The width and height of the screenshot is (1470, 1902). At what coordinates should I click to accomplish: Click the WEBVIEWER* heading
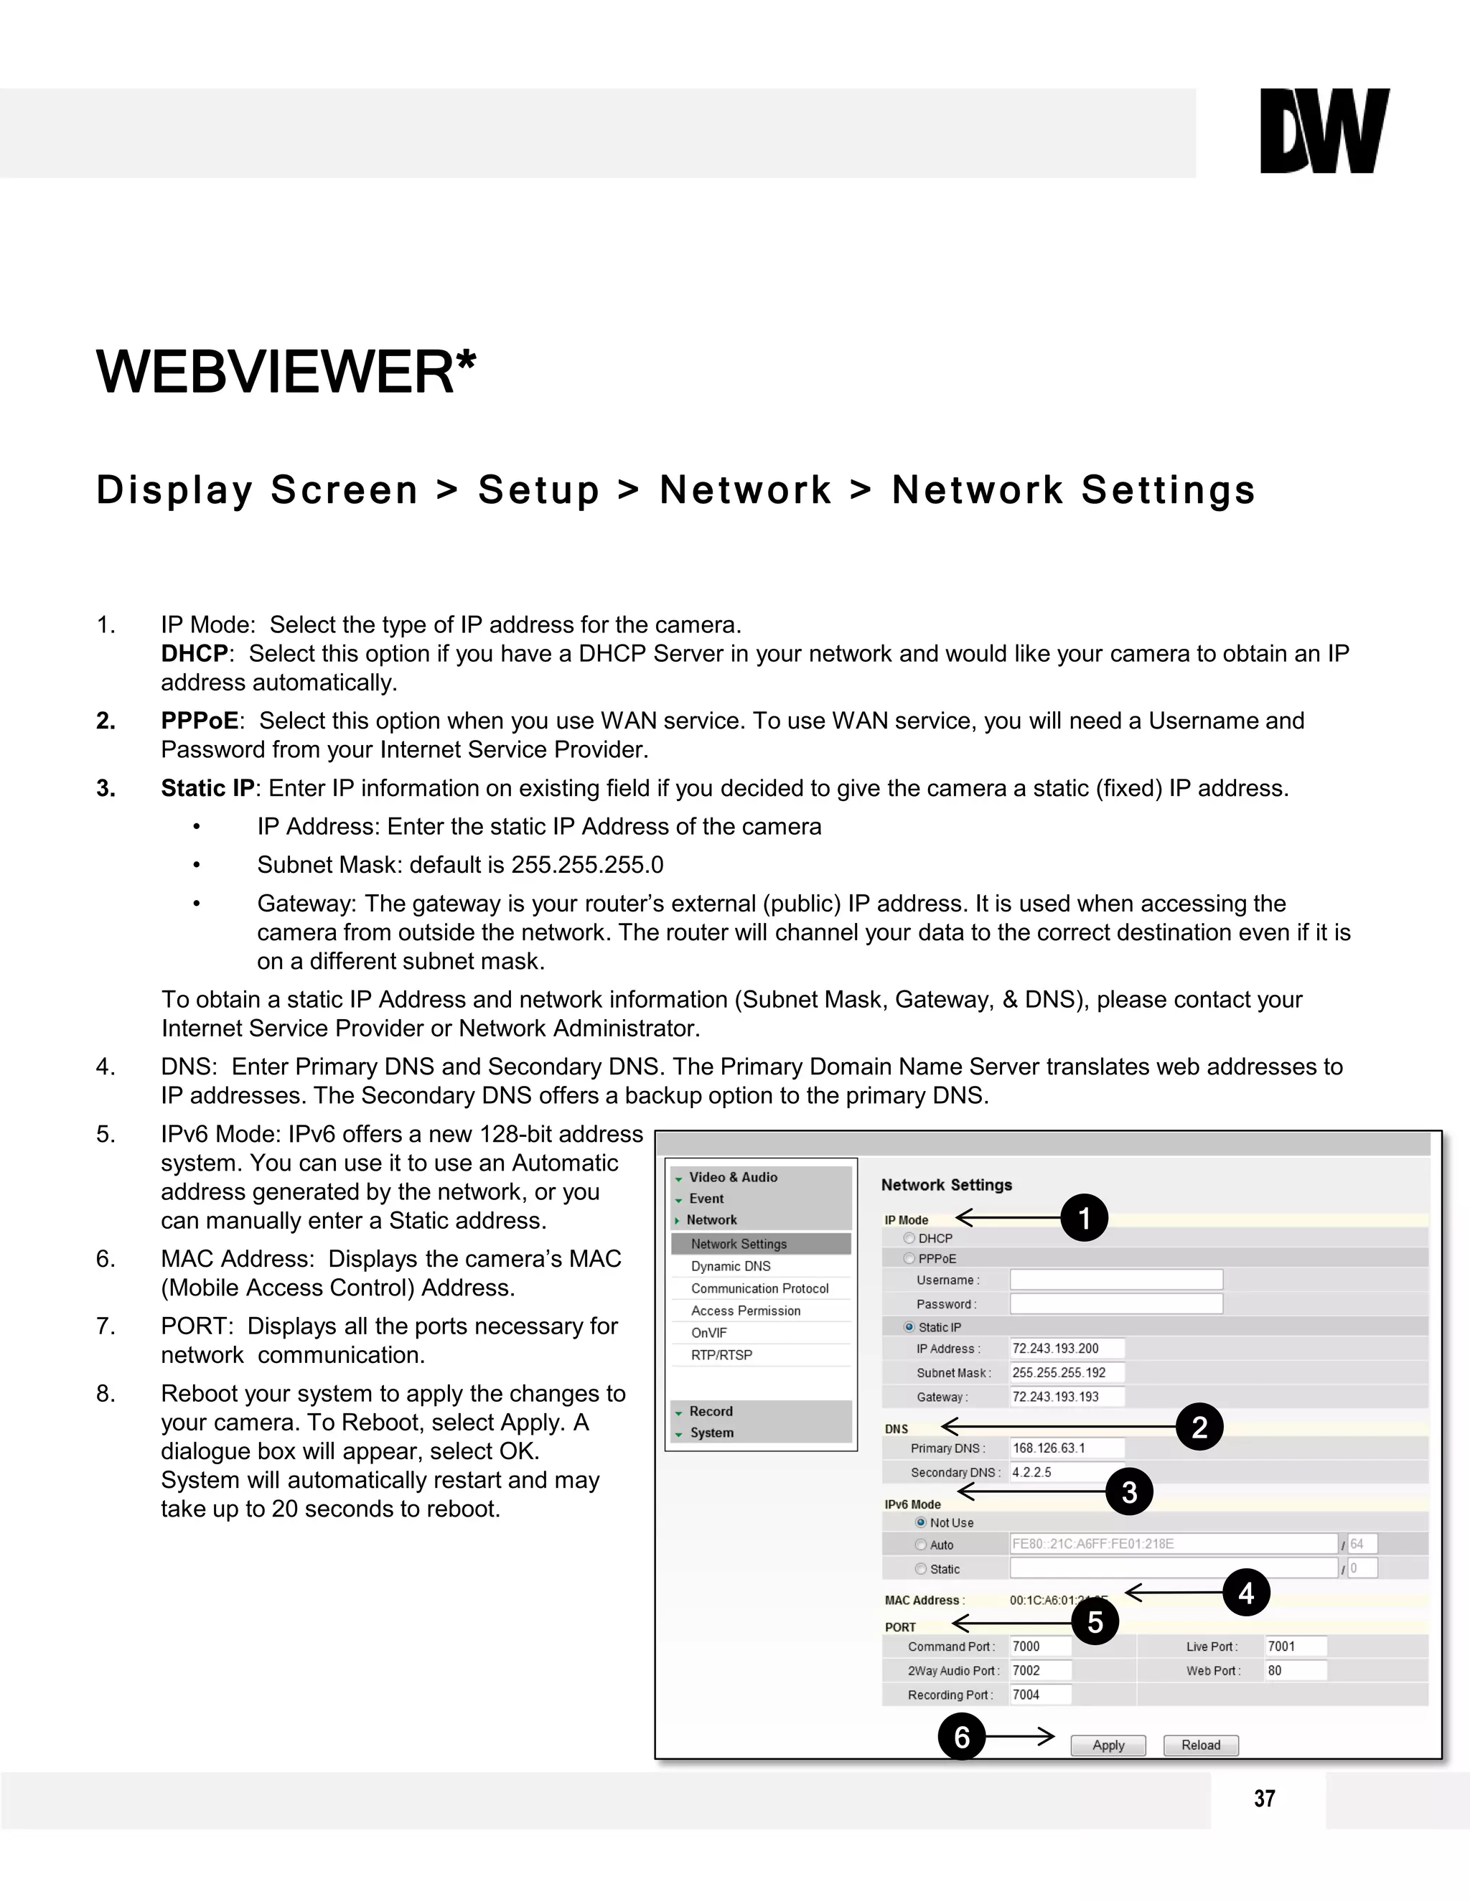(x=286, y=372)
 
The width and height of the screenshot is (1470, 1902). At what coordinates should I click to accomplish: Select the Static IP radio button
(x=909, y=1327)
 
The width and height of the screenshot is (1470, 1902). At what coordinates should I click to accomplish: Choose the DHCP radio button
(x=909, y=1238)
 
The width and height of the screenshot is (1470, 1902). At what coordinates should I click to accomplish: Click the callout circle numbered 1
(x=1085, y=1217)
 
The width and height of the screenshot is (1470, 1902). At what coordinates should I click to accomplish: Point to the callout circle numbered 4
(x=1246, y=1593)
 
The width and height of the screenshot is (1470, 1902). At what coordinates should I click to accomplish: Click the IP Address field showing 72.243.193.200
(x=1067, y=1348)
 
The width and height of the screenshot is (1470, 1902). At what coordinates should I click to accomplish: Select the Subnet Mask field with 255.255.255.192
(x=1067, y=1372)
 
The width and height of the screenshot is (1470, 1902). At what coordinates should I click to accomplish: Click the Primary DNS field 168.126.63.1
(x=1067, y=1448)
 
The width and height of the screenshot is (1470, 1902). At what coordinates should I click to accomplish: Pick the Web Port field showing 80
(x=1296, y=1670)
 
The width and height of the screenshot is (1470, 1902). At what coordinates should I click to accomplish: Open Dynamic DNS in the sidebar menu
(x=731, y=1266)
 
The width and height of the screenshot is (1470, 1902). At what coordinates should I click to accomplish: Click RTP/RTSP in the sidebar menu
(x=722, y=1355)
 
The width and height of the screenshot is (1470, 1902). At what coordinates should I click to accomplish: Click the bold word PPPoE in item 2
(x=200, y=721)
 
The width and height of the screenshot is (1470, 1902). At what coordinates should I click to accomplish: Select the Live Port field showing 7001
(x=1296, y=1646)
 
